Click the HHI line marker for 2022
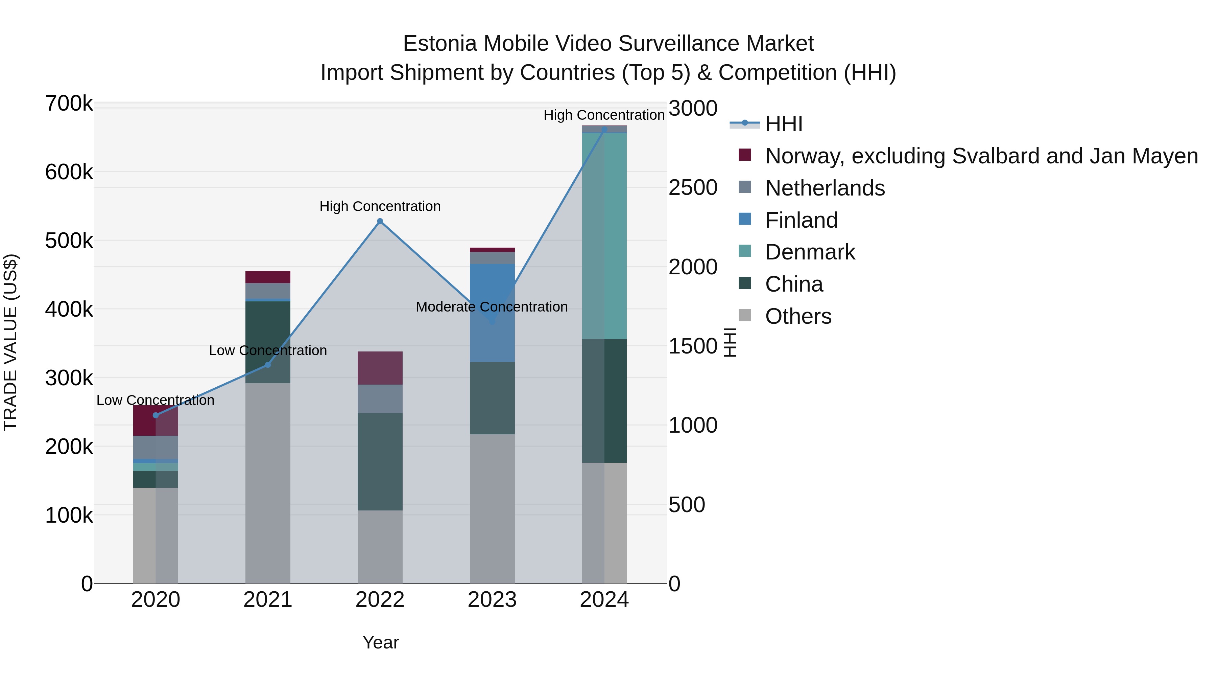(x=380, y=221)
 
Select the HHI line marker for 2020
(x=156, y=415)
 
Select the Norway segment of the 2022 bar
(x=380, y=368)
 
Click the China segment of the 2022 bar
(x=380, y=461)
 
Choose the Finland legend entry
(x=801, y=220)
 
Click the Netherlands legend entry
(x=825, y=188)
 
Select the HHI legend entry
(x=783, y=124)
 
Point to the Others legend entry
(x=798, y=316)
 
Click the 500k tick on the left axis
(x=69, y=241)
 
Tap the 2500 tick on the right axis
(x=693, y=188)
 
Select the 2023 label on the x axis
(x=492, y=600)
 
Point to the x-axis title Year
(x=380, y=642)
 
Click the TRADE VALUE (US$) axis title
(x=10, y=342)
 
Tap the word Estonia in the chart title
(x=439, y=44)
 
